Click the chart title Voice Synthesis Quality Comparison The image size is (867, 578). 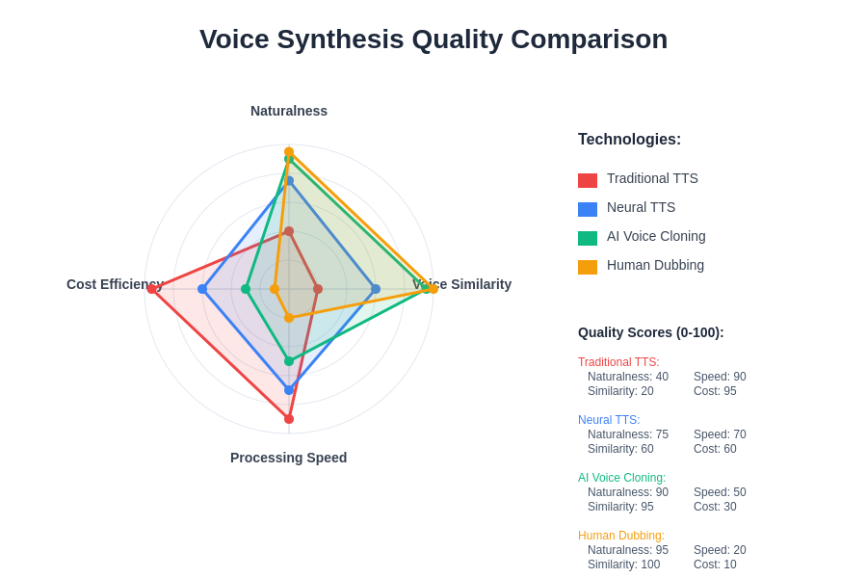[433, 39]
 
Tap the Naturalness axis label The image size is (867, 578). [289, 111]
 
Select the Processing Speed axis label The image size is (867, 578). [289, 458]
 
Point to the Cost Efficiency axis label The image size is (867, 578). [115, 284]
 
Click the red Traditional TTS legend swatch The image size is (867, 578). [588, 180]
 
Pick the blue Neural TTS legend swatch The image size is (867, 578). [588, 209]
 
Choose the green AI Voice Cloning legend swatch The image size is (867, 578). [588, 238]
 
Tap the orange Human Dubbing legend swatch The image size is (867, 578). [588, 267]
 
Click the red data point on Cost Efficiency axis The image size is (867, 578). [152, 289]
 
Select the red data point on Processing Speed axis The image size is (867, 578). [289, 419]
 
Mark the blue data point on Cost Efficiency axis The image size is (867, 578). [202, 289]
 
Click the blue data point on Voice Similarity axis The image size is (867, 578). [376, 289]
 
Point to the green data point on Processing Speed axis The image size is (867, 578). [289, 361]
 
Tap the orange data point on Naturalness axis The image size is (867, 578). [289, 152]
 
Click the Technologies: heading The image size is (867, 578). [629, 140]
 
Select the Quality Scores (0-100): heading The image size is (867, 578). [650, 332]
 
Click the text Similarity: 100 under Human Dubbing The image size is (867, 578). [623, 565]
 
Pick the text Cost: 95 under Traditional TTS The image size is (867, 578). [715, 391]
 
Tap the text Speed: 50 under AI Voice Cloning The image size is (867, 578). [720, 492]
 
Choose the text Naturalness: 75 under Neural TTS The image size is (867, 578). [628, 434]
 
